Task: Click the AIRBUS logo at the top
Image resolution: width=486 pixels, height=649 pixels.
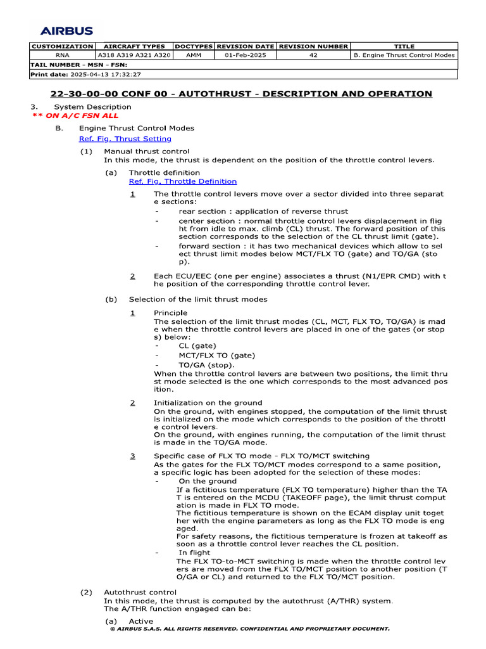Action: click(x=66, y=30)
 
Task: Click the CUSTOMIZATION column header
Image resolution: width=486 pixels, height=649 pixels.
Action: click(x=62, y=46)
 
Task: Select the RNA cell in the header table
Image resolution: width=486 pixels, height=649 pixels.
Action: click(x=62, y=55)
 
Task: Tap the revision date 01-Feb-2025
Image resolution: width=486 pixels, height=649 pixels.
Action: click(x=246, y=55)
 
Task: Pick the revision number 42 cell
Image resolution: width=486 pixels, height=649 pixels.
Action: click(x=313, y=55)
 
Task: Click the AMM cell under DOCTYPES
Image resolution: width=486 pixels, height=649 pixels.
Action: click(x=194, y=55)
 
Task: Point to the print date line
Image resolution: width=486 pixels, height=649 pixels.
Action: click(x=85, y=74)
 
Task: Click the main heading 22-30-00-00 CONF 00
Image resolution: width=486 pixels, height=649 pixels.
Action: click(x=241, y=94)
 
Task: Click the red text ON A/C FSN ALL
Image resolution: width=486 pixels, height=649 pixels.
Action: click(x=75, y=116)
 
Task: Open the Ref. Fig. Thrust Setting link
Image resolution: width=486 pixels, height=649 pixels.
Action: click(x=125, y=139)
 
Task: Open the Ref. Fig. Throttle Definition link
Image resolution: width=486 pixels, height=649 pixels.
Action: click(x=182, y=181)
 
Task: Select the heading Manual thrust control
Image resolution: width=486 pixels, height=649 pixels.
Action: click(x=146, y=151)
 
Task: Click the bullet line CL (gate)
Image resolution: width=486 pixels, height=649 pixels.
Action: click(x=197, y=346)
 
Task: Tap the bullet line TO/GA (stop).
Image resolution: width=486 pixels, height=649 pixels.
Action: click(x=206, y=365)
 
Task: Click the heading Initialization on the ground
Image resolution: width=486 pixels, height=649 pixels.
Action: click(x=208, y=403)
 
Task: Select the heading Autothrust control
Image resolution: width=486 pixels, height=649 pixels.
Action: click(x=140, y=593)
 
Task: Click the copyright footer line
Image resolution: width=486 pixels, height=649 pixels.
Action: click(x=249, y=629)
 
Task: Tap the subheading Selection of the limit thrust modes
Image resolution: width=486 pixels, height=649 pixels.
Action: click(x=197, y=299)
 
